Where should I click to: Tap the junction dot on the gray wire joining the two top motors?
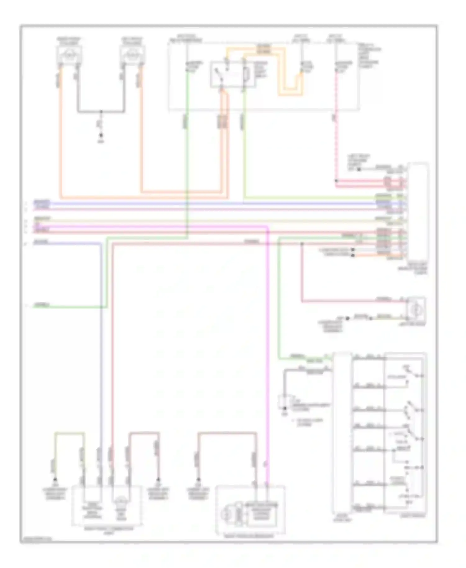click(x=101, y=111)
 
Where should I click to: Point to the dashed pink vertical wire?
click(x=336, y=140)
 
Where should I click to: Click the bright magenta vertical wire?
click(x=268, y=342)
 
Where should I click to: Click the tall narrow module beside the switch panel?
click(x=342, y=435)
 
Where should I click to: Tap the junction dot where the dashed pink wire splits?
click(x=336, y=181)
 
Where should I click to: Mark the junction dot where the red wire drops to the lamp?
click(x=302, y=244)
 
